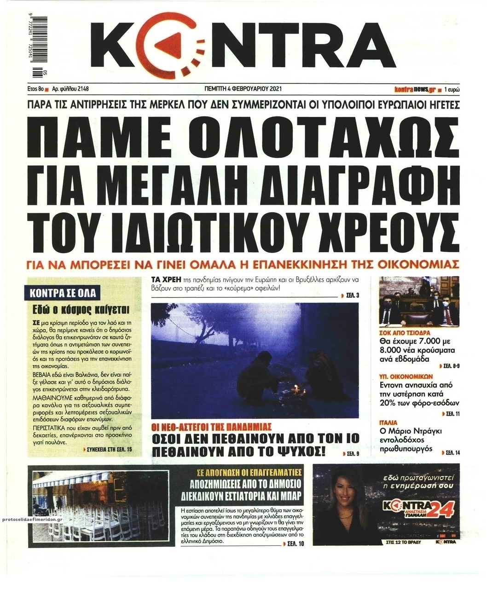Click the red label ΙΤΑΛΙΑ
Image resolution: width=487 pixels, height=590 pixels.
coord(388,422)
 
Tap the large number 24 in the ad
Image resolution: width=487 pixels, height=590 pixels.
coord(442,509)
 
